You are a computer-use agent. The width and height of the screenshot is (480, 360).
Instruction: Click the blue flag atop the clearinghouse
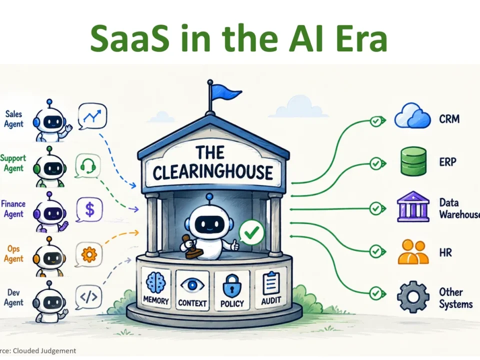225,92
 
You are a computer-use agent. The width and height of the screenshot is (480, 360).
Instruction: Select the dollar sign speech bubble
89,209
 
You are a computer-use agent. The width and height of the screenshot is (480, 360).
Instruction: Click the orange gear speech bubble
89,254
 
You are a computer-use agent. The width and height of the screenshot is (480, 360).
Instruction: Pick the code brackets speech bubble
88,297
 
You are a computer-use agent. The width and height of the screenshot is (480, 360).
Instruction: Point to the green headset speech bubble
88,166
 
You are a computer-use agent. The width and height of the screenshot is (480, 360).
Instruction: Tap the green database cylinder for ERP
413,161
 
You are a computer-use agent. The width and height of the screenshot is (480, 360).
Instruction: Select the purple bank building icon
413,206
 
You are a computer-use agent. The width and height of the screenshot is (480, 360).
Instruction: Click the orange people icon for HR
413,251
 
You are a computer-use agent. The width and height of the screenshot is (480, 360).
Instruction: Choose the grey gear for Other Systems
412,297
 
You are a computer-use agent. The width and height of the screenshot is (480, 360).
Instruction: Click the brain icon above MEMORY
156,282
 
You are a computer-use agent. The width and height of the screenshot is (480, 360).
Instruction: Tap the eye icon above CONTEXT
192,285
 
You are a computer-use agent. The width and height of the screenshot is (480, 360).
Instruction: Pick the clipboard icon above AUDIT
271,282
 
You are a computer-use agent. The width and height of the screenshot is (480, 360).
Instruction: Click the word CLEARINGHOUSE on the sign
213,172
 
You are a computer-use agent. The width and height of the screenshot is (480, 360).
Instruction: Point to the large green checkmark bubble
251,233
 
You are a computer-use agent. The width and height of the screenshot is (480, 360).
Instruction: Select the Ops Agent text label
13,254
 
